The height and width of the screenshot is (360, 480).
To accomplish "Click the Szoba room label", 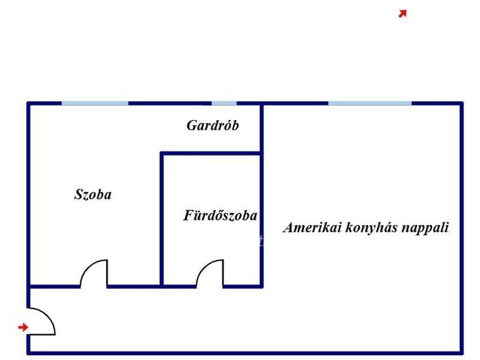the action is (x=93, y=195).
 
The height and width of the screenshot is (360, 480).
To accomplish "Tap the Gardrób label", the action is (x=212, y=125).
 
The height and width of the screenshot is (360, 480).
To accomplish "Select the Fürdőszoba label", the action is (x=220, y=215).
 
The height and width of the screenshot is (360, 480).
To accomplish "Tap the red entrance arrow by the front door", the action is (x=23, y=327).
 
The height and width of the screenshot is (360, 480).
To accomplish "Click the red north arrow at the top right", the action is (x=403, y=14).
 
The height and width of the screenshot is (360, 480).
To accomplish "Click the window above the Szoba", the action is (x=95, y=103).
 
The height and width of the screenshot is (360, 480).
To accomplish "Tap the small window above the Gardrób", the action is (x=224, y=103).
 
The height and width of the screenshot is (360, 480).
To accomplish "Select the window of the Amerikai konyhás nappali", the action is (x=370, y=103).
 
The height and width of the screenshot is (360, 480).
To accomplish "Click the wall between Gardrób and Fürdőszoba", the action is (x=211, y=153).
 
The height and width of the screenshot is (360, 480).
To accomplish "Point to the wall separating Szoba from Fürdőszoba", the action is (x=162, y=220).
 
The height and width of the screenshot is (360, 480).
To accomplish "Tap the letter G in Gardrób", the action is (x=192, y=125).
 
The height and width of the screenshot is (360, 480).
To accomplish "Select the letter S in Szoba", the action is (x=79, y=195).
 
